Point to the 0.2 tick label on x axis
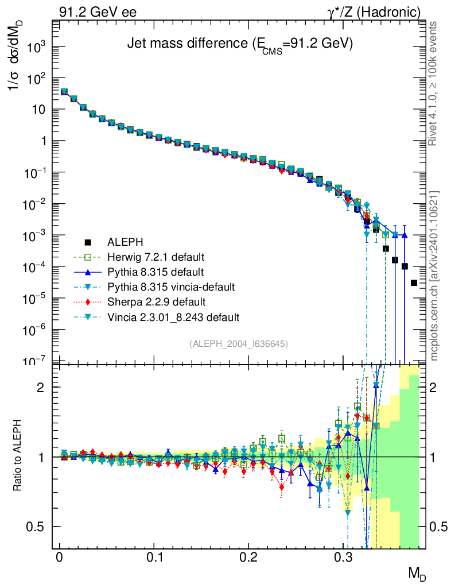click(x=248, y=558)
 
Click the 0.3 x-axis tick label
click(x=343, y=558)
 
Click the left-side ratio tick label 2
click(x=40, y=388)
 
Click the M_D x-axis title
click(x=417, y=573)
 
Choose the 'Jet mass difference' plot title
click(x=239, y=44)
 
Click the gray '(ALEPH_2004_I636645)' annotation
click(x=238, y=343)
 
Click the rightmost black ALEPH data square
click(x=414, y=283)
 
